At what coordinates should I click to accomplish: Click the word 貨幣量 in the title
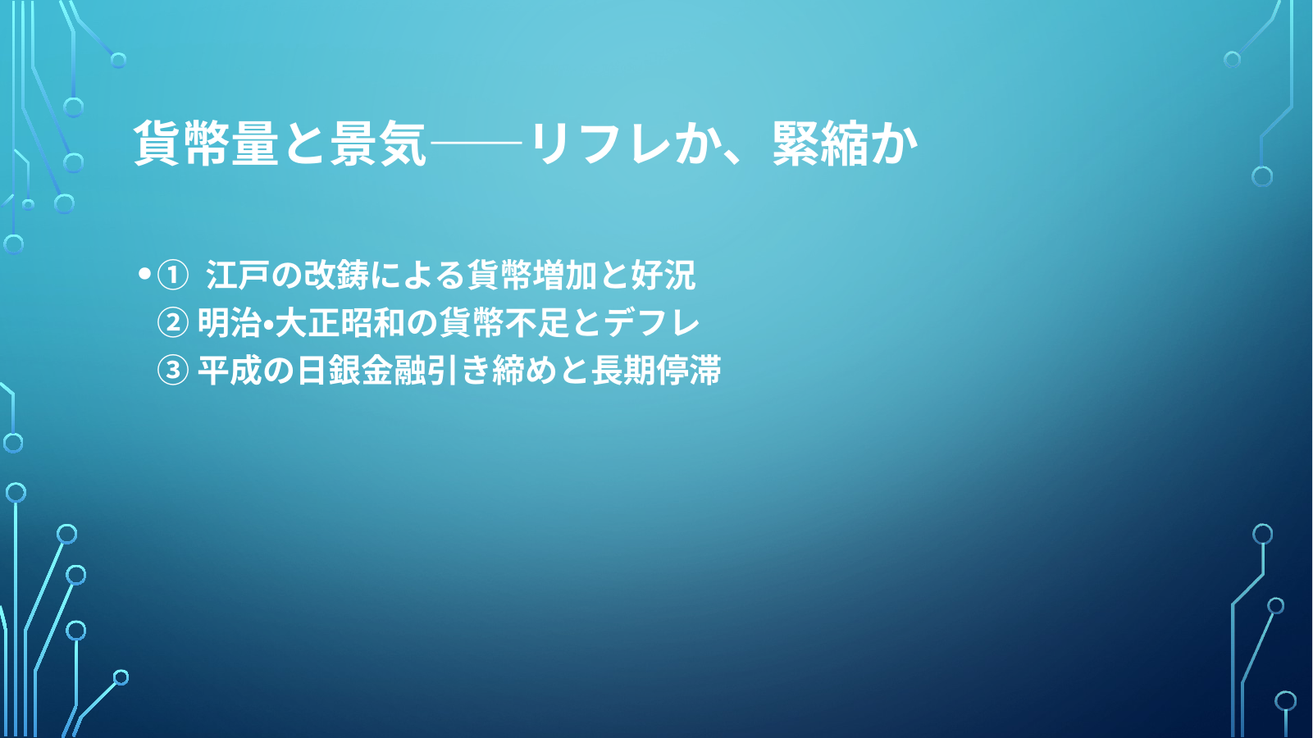(x=207, y=143)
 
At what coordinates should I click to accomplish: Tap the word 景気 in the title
(x=377, y=143)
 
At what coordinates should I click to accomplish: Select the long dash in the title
(x=476, y=143)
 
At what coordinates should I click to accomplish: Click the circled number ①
(x=173, y=276)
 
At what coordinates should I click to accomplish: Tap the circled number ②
(x=173, y=323)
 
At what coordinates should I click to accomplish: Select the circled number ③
(x=173, y=371)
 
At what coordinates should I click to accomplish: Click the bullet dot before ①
(x=144, y=273)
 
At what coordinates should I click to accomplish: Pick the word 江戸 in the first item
(x=237, y=275)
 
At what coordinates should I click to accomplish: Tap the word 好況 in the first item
(x=663, y=275)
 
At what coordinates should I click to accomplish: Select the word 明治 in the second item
(x=229, y=323)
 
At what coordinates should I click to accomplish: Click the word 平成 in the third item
(x=229, y=371)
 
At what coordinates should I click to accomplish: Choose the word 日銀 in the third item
(x=328, y=371)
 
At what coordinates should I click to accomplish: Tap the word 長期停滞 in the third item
(x=656, y=371)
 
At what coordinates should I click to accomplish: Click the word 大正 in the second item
(x=307, y=323)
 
